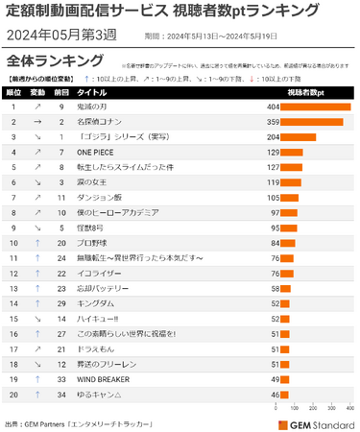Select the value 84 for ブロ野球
(273, 242)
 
